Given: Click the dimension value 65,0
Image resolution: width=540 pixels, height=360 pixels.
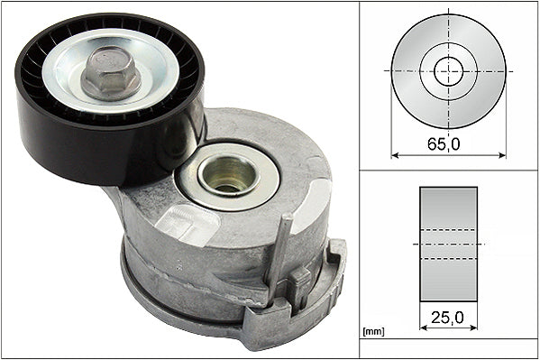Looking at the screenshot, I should (448, 143).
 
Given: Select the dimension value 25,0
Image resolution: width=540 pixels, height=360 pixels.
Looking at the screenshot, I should (448, 317).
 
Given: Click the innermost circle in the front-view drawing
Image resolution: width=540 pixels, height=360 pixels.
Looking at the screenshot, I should (448, 71).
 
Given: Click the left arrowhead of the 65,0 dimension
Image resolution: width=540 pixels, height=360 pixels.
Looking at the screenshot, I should (395, 155).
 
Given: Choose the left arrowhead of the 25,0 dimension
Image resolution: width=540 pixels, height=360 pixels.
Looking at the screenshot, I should (423, 328).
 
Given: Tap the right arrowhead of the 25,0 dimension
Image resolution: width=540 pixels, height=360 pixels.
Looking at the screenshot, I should (474, 328).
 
